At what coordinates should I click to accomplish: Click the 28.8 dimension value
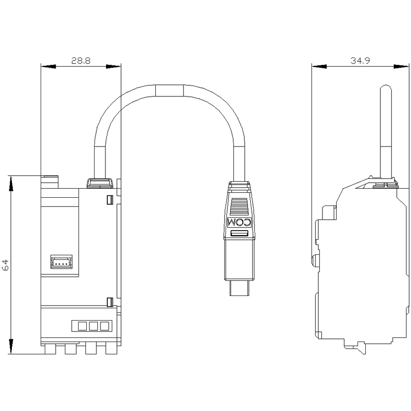coord(81,61)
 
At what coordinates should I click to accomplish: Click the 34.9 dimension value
coord(360,61)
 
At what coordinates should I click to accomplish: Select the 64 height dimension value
coord(5,265)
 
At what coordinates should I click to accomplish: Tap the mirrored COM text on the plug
coord(239,222)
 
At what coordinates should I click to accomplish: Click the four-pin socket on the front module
coord(61,262)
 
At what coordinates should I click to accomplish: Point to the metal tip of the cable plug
coord(239,288)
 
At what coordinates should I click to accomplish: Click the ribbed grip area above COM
coord(239,206)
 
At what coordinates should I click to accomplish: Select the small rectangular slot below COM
coord(239,233)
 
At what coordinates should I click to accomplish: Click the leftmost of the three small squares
coord(82,326)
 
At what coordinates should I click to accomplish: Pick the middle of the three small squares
coord(93,326)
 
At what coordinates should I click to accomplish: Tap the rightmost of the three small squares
coord(104,326)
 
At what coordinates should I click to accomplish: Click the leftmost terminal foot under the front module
coord(50,349)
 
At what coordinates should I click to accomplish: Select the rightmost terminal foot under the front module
coord(111,349)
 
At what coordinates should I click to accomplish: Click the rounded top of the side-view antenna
coord(386,89)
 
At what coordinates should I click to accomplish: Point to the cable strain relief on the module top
coord(100,183)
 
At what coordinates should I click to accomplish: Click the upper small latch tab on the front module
coord(110,200)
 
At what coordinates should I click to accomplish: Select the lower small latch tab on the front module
coord(110,302)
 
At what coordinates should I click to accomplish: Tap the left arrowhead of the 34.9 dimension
coord(319,67)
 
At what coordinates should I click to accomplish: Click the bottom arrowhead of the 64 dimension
coord(11,347)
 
